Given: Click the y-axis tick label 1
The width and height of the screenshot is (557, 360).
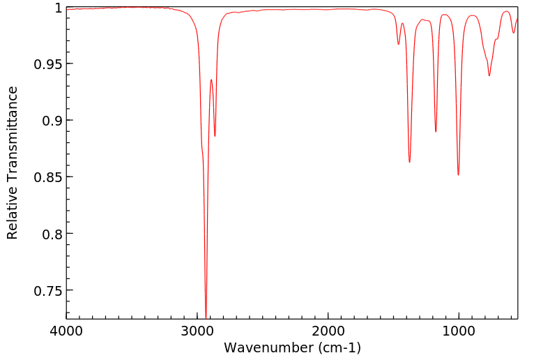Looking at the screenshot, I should [57, 8].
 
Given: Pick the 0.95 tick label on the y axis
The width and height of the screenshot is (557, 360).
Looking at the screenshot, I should [47, 64].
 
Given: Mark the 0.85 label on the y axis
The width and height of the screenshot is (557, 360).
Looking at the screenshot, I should [47, 177].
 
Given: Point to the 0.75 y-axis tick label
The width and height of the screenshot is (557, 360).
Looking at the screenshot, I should [47, 290].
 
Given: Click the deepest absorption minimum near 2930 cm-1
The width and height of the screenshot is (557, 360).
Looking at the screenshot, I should [206, 316].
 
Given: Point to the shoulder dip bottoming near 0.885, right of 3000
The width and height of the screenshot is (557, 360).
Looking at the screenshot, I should [215, 136].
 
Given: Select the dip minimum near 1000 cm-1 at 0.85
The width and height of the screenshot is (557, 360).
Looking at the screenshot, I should [458, 175].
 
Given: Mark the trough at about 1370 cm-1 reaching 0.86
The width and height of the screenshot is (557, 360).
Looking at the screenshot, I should [409, 163].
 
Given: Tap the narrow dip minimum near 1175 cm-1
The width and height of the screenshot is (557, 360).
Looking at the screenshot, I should [436, 132].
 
